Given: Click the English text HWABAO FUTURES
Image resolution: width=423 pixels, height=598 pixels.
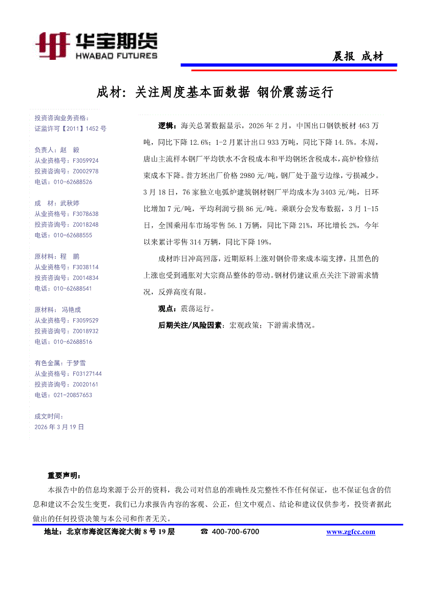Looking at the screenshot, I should [116, 56].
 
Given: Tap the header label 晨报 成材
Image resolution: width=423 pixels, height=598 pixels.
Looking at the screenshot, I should [357, 57].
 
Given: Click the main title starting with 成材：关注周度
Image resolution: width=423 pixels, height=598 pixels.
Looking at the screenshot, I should [215, 92].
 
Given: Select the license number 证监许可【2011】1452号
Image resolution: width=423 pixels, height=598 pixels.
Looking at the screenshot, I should [70, 128].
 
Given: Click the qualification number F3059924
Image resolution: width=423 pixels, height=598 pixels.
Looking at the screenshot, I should [86, 161].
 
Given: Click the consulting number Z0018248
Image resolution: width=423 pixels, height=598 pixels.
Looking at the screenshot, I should [86, 224].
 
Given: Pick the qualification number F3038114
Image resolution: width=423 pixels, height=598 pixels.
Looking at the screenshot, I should [86, 267].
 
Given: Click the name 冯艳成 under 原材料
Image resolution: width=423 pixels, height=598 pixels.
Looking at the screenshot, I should [71, 309].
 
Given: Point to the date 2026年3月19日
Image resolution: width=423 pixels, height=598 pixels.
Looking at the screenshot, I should [59, 427].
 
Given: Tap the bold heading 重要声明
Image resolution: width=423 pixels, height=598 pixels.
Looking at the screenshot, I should [61, 476].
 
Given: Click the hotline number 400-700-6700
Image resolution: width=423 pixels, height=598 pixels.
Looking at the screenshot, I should [235, 532].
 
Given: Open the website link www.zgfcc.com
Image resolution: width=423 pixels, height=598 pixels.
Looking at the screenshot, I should [351, 532].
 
